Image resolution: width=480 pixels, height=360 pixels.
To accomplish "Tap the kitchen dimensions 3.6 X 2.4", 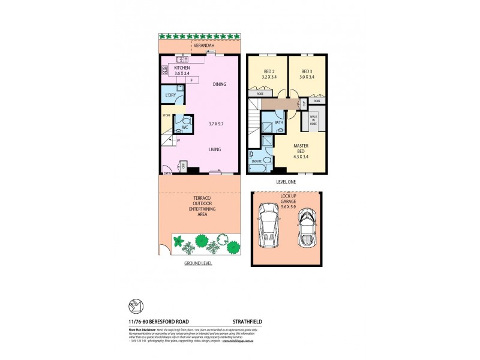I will (x=182, y=74).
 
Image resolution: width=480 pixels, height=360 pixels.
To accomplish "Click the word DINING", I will (x=220, y=85).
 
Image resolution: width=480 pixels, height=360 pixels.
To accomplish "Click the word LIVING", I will (x=214, y=149).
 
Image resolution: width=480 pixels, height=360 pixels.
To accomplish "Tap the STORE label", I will (x=166, y=115).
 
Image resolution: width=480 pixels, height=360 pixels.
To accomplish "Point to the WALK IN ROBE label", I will (x=313, y=119).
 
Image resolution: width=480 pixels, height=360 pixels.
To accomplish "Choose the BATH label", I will (x=278, y=123).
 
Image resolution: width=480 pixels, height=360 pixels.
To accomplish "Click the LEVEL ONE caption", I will (x=287, y=181).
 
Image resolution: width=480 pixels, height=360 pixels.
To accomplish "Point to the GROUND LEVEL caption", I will (x=198, y=263).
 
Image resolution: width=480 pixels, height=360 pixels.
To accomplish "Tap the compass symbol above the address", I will (x=136, y=306).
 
